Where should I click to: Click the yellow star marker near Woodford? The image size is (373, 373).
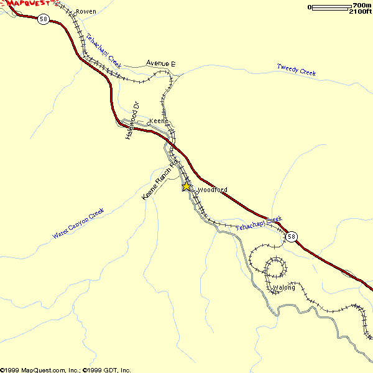point(186,186)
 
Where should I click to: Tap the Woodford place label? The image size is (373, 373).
point(212,190)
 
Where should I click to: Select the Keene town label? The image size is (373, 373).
point(159,121)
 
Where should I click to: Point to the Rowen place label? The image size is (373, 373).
point(86,12)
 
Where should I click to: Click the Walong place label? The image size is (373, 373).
point(284,288)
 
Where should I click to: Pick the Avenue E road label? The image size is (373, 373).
point(161,63)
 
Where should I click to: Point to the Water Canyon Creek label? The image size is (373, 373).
point(78,224)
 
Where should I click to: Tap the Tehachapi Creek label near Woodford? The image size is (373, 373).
point(259,224)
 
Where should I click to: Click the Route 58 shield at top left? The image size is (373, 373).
point(43,19)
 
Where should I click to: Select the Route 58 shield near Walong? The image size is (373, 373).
point(292,236)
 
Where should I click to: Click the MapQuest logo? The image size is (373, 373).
point(28,4)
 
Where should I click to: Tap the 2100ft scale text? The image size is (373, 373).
point(360,12)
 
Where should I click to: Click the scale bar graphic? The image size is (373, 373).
point(329,7)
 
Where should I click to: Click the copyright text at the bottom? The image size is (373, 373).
point(65,369)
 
